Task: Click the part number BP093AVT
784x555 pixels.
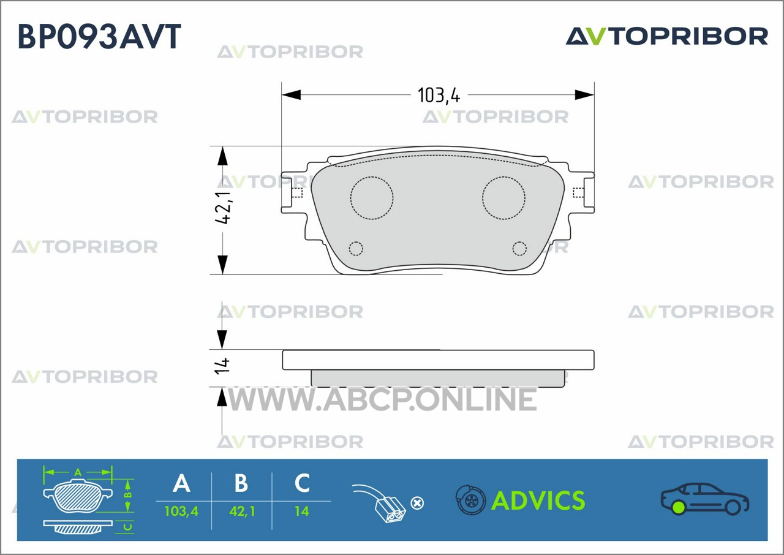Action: coord(99,36)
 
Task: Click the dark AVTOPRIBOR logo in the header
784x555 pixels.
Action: coord(667,36)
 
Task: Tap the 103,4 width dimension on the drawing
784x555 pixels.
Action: coord(439,95)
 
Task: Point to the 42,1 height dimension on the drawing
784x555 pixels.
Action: coord(223,207)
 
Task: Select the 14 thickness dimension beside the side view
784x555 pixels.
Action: coord(222,366)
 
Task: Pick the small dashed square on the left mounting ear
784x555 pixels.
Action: coord(297,193)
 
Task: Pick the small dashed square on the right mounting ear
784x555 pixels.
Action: coord(578,193)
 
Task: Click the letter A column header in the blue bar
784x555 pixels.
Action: coord(182,483)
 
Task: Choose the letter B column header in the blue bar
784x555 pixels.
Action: coord(241,483)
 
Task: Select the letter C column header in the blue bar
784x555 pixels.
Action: coord(302,483)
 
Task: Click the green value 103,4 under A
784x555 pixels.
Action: coord(181,512)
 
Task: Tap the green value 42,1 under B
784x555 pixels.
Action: coord(242,512)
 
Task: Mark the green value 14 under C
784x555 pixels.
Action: coord(302,512)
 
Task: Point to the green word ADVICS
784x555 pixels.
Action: coord(538,500)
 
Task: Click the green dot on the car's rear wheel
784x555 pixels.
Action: coord(679,508)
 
